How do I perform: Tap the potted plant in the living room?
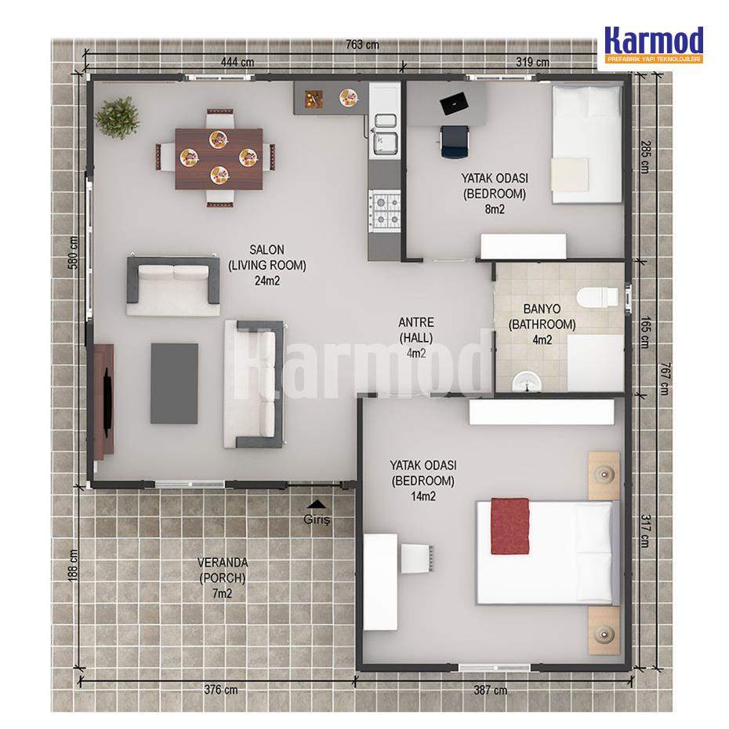point(117,117)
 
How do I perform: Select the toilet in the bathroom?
point(598,296)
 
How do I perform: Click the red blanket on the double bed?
point(510,526)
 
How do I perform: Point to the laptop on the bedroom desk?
point(454,103)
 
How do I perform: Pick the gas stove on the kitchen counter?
point(384,210)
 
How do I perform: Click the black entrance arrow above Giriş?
point(317,503)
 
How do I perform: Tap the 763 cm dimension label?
point(362,45)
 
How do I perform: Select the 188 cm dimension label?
point(73,565)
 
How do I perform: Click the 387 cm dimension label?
point(490,690)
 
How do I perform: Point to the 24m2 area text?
point(267,281)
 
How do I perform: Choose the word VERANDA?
point(223,563)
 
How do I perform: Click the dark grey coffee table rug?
point(174,383)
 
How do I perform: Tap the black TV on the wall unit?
point(108,402)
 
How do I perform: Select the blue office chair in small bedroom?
point(455,142)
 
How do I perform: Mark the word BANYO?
point(542,309)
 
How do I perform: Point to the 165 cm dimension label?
point(645,332)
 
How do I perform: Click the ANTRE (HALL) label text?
point(416,330)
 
